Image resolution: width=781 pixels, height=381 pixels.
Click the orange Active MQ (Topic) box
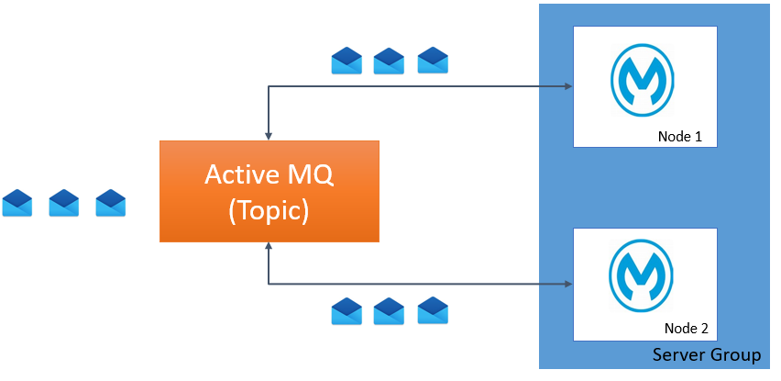(x=269, y=191)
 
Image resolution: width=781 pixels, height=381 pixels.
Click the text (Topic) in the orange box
(x=269, y=210)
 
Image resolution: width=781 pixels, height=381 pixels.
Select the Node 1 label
(x=679, y=137)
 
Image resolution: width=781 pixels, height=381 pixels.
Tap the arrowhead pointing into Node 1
(x=568, y=87)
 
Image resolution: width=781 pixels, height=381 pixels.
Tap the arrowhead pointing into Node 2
(x=568, y=284)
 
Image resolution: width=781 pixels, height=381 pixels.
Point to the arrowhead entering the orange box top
(x=268, y=136)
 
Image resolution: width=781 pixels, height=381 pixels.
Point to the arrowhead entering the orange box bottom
(x=268, y=247)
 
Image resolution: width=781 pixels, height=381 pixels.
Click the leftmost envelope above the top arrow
(x=346, y=61)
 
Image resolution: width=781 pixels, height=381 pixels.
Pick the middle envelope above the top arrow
(x=389, y=61)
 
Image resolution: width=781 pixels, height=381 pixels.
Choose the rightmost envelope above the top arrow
(x=433, y=61)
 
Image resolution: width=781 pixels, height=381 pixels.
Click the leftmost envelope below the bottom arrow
(x=346, y=311)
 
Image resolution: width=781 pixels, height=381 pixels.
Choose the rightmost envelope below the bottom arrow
(x=433, y=311)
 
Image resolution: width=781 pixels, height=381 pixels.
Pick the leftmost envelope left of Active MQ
(x=17, y=203)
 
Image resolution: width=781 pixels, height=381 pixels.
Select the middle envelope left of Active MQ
(x=64, y=203)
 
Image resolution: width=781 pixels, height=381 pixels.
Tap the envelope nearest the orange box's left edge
(x=111, y=203)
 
